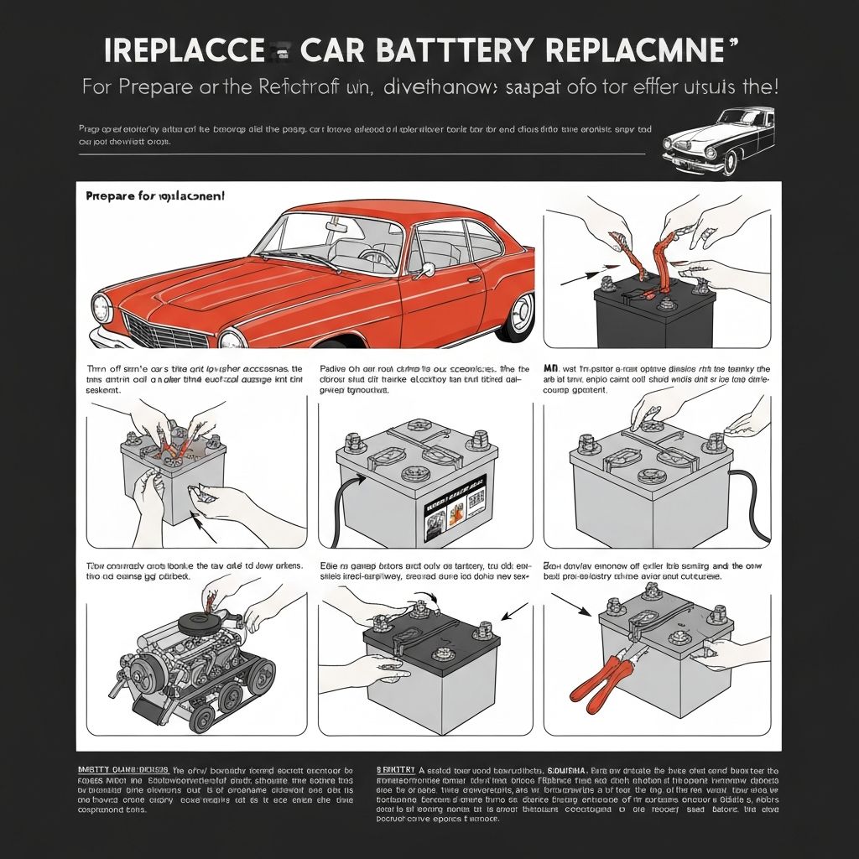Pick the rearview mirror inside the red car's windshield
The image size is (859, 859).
(336, 226)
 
